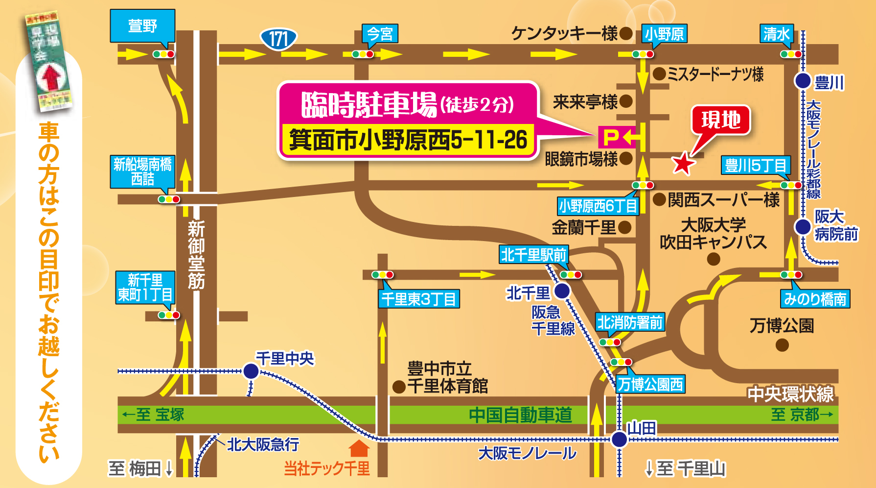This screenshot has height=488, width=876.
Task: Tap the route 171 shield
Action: click(278, 39)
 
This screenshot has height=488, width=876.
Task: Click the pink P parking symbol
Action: click(611, 137)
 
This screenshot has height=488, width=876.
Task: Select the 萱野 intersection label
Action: click(142, 25)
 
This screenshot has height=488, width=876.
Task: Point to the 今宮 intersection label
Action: click(380, 34)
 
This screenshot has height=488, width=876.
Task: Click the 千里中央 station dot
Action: click(251, 371)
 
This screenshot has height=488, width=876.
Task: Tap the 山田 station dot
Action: click(620, 439)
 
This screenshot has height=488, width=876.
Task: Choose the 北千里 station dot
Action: click(562, 291)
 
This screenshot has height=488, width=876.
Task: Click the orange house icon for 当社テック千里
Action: click(359, 448)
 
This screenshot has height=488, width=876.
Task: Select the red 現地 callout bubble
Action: click(720, 120)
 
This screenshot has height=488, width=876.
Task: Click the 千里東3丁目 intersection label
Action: click(419, 299)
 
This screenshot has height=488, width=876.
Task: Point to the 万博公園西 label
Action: click(650, 384)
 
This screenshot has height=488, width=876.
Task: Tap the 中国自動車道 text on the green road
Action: click(520, 415)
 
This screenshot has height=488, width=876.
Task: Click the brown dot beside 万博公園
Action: click(782, 345)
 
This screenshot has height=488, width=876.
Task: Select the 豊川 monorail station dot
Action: click(803, 81)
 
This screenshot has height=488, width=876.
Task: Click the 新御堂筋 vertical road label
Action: click(196, 255)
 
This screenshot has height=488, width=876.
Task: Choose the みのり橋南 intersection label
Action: click(815, 299)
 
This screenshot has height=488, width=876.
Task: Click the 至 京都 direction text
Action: click(802, 415)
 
